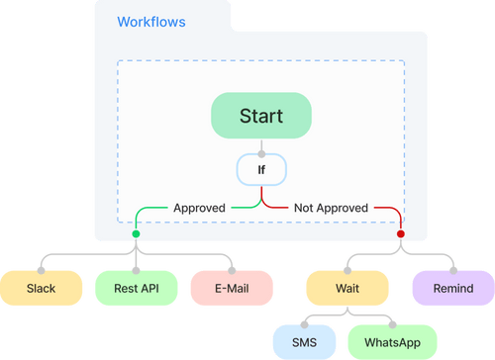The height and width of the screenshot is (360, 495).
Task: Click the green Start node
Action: pos(260,116)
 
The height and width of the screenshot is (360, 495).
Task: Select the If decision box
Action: pos(261,170)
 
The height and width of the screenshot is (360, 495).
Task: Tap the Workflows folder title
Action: pos(150,21)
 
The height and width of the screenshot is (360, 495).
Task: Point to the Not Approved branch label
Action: pos(332,208)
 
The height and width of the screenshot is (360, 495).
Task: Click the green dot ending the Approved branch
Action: pos(136,234)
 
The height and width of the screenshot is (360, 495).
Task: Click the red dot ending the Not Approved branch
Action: pos(401,234)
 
